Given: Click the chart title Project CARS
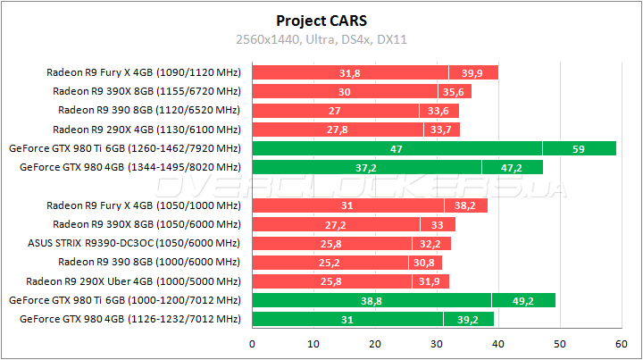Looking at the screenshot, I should [x=321, y=20].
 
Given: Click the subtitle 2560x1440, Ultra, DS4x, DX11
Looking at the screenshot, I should [x=321, y=39].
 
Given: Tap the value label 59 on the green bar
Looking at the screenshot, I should [x=578, y=148].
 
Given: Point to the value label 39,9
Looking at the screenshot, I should [x=472, y=72].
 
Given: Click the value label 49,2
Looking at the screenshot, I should [x=522, y=301].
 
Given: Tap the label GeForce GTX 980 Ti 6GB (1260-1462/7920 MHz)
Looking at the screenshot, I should [x=124, y=148].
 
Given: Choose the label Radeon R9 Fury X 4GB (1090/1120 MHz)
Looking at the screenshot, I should [x=144, y=72].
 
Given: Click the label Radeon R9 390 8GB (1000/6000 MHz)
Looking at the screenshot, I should [x=149, y=262].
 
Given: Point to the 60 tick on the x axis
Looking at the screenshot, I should [x=621, y=343].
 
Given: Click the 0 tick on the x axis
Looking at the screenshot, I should [x=253, y=343].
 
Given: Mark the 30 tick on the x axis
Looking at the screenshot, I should [x=437, y=343].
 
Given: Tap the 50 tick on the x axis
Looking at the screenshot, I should [x=559, y=343].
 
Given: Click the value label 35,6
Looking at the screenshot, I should [x=454, y=91].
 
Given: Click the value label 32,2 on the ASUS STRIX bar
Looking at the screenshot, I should [x=430, y=243].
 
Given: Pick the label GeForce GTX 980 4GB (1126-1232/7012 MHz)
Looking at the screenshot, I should [x=130, y=318].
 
